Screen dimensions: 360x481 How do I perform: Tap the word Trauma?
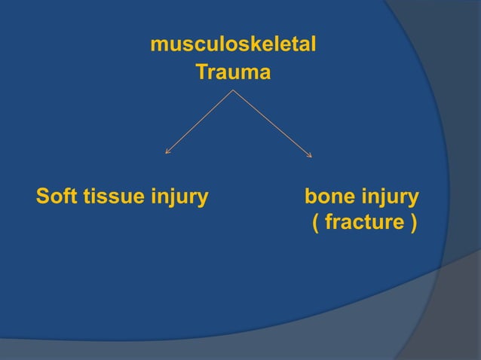click(x=233, y=74)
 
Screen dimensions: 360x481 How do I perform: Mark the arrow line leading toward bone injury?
click(x=272, y=123)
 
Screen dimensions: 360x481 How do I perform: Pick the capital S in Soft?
click(x=43, y=198)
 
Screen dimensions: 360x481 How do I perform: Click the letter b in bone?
click(x=309, y=198)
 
